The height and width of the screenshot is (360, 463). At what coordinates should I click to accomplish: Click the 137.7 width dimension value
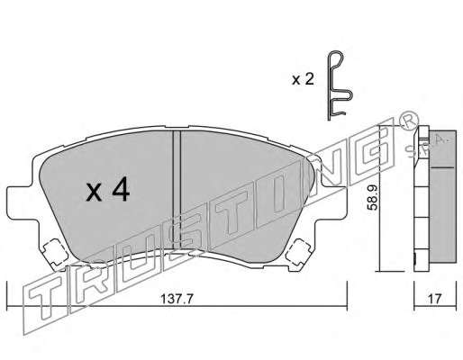coord(177,299)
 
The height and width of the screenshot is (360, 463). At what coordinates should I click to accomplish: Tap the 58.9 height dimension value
coord(373,197)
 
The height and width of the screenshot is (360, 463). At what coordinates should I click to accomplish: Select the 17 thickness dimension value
coord(434,299)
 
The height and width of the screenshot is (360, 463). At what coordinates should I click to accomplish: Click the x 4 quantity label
coord(108,189)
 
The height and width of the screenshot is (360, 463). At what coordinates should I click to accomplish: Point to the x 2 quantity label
coord(304,79)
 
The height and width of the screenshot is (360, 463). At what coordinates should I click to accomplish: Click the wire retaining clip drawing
coord(340,85)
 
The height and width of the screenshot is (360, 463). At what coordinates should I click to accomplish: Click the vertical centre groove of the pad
coord(177,190)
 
